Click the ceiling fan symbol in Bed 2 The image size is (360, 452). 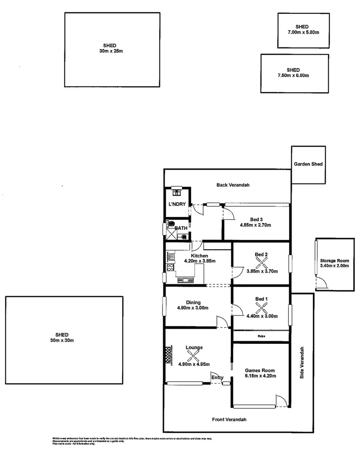(261, 264)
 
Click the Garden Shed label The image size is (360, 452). (308, 164)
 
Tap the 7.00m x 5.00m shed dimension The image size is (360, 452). (303, 33)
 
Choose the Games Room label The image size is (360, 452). (260, 370)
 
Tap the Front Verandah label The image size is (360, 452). (229, 419)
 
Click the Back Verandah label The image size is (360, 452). (233, 185)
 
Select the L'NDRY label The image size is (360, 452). (177, 204)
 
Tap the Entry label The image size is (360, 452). (217, 377)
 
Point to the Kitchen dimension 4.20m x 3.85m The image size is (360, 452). (200, 261)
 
